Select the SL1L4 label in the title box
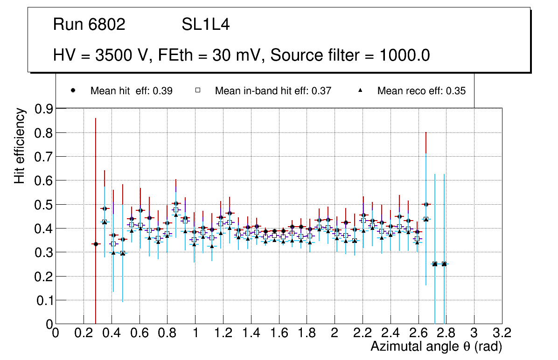click(205, 25)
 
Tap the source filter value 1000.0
click(405, 55)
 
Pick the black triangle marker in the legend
click(360, 91)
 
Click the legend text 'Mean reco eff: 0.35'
click(421, 91)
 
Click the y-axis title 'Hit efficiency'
click(20, 145)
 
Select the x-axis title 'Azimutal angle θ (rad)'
click(436, 346)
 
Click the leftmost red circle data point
click(96, 244)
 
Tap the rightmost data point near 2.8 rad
click(444, 264)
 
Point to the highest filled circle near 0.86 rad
click(176, 203)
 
